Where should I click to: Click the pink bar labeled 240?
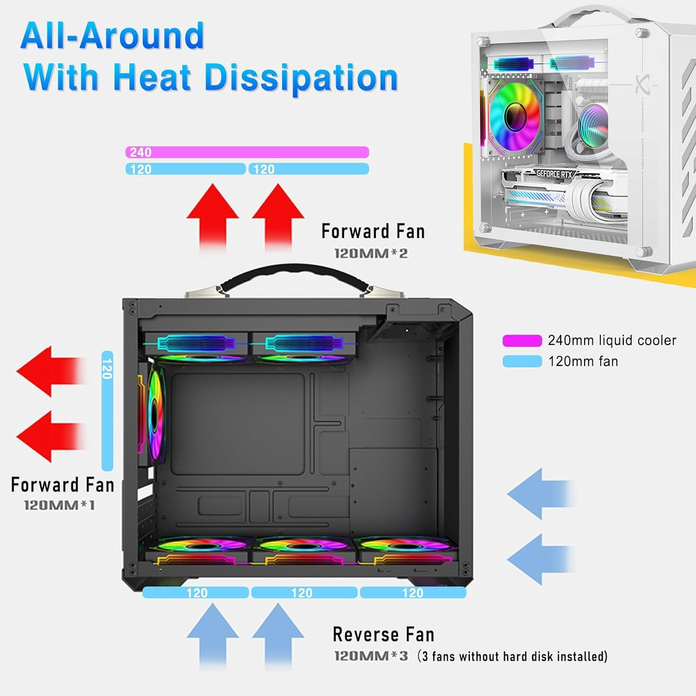[247, 152]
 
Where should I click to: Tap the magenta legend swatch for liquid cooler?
[522, 341]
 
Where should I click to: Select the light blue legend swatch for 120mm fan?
[522, 361]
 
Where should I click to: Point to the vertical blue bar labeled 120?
[107, 411]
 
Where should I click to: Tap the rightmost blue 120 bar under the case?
[413, 593]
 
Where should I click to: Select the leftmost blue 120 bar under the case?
[196, 593]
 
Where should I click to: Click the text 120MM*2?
[371, 253]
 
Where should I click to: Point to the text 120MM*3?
[371, 656]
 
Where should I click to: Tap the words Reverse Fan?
[383, 634]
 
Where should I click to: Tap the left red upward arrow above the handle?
[213, 216]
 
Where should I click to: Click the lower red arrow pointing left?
[51, 436]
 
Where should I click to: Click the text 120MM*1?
[59, 505]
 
